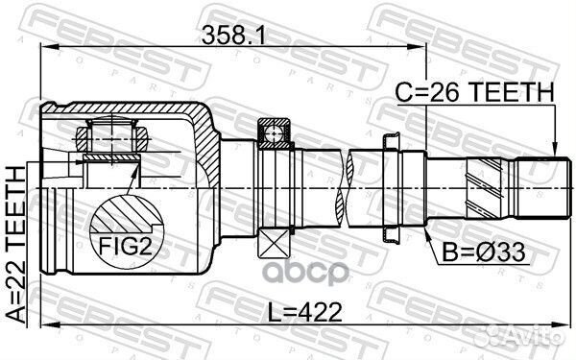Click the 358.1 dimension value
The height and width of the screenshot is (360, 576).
point(233,36)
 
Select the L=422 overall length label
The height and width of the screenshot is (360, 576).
point(304,312)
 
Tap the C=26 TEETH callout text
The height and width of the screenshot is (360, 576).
point(474,92)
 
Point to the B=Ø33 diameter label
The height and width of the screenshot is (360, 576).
point(484,252)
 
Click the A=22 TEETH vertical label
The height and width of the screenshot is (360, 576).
point(16,244)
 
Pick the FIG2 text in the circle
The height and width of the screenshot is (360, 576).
point(125,246)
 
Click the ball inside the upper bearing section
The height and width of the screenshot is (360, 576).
point(274,133)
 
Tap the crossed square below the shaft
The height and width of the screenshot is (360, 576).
point(274,244)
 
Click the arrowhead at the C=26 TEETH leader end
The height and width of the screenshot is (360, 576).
point(555,151)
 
